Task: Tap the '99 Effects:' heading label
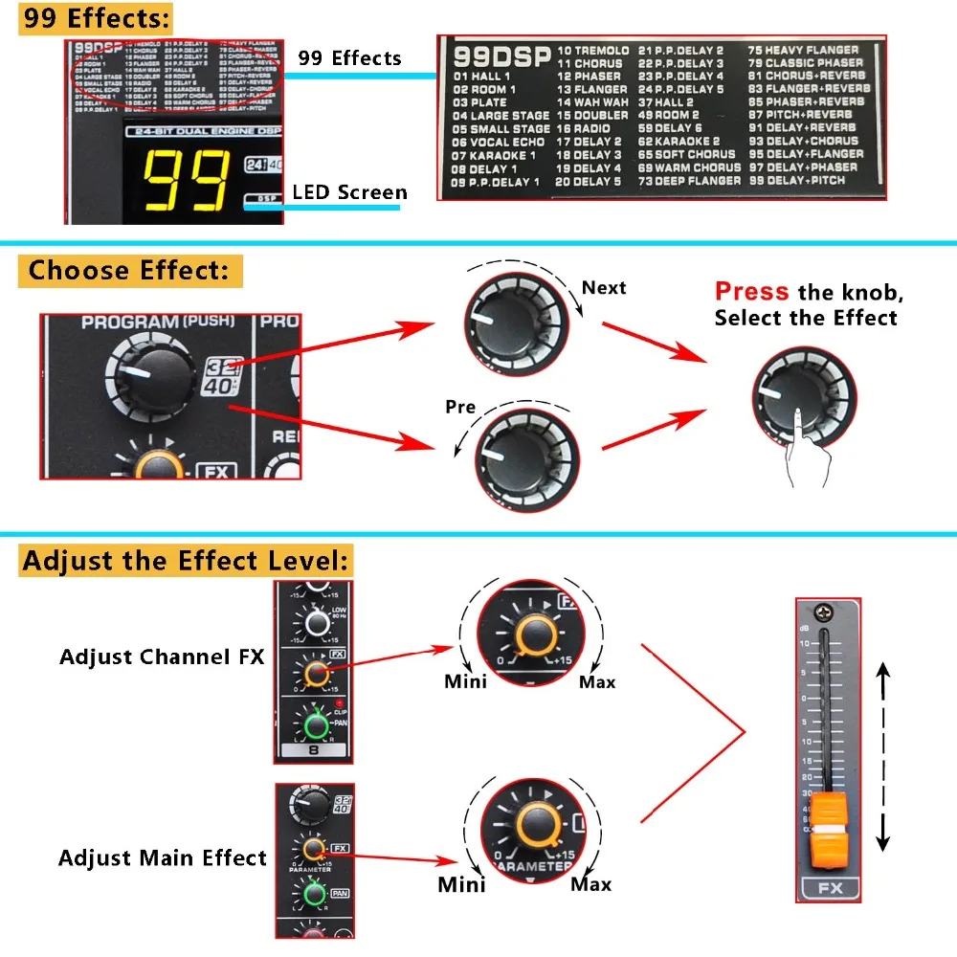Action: click(96, 18)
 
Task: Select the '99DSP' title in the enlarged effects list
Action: click(501, 56)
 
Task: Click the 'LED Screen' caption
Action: click(349, 192)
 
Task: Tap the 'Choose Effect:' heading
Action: click(129, 271)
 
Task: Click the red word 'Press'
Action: click(752, 292)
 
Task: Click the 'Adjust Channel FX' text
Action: click(162, 657)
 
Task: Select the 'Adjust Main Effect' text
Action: click(162, 857)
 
